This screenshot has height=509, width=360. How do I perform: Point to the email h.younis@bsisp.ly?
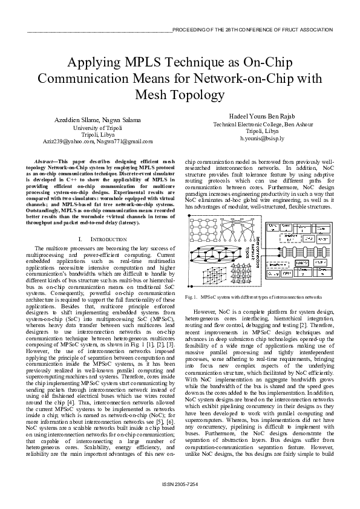coord(262,138)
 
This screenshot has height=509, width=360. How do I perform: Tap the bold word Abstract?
coord(47,163)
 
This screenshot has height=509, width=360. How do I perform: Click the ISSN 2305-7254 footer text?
coord(180,502)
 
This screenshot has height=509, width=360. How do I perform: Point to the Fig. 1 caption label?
coord(192,297)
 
